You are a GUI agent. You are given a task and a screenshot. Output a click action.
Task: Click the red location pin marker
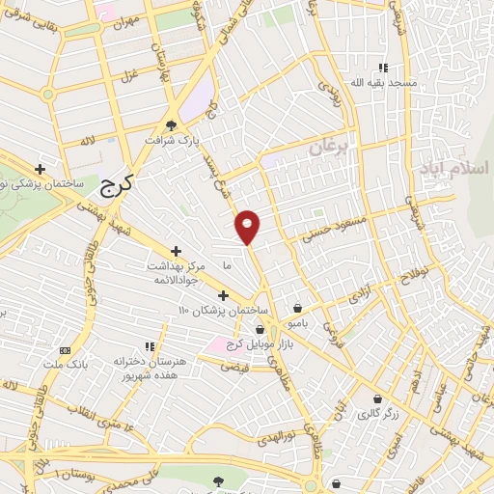click(x=249, y=226)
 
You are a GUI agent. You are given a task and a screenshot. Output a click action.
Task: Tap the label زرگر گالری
click(x=375, y=413)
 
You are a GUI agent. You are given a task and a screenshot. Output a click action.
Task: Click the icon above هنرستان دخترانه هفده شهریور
click(x=150, y=344)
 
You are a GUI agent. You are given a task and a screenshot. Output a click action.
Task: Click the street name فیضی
click(x=234, y=367)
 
